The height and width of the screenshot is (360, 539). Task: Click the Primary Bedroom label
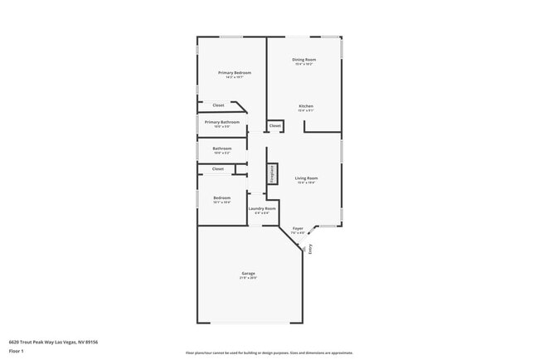[x=235, y=73]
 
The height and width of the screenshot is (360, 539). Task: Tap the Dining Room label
[x=303, y=60]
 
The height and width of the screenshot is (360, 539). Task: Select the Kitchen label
[x=306, y=106]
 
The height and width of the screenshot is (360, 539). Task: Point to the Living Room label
[x=306, y=178]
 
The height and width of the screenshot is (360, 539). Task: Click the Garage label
[x=248, y=273]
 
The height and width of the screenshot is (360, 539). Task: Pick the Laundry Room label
[x=262, y=208]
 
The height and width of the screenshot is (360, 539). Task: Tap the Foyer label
[x=298, y=228]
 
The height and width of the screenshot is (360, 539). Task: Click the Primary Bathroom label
[x=222, y=122]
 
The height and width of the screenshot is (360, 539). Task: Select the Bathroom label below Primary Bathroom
[x=222, y=148]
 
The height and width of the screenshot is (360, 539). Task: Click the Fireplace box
[x=271, y=173]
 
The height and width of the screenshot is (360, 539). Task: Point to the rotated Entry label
[x=311, y=247]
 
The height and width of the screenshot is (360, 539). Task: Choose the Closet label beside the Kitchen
[x=274, y=125]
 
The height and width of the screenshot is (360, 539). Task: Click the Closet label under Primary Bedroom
[x=218, y=105]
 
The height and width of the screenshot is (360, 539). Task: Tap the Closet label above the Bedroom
[x=218, y=168]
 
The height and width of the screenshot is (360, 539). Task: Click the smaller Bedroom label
[x=221, y=197]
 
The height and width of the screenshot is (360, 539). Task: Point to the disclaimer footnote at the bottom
[x=269, y=353]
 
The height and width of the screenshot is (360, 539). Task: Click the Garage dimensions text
[x=248, y=278]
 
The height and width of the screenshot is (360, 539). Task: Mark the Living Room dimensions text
[x=306, y=182]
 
